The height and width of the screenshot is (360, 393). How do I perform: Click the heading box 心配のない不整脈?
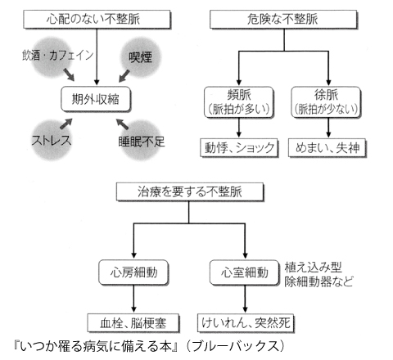tap(97, 20)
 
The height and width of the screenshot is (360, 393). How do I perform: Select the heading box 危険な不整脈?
tap(283, 20)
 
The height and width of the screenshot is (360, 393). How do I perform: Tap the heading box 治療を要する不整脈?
tap(190, 192)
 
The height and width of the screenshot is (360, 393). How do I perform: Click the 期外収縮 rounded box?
tap(96, 99)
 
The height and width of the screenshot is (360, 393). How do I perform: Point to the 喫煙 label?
tap(140, 57)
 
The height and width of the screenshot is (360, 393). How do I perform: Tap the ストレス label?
tap(52, 140)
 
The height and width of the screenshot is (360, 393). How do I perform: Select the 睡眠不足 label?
tap(142, 142)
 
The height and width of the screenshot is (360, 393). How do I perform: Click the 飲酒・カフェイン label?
tap(58, 56)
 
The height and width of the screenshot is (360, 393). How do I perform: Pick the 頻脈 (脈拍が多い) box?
tap(239, 102)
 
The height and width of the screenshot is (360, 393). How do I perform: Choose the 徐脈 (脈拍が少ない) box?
tap(326, 102)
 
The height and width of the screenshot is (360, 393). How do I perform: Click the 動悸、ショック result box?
tap(239, 148)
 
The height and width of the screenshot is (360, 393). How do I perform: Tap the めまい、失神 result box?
tap(327, 148)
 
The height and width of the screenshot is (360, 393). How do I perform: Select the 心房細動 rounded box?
tap(133, 272)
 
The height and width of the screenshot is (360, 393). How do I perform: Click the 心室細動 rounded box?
tap(244, 272)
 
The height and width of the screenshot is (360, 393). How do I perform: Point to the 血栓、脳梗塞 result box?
tap(133, 323)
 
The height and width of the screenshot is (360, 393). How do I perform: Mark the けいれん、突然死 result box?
tap(246, 323)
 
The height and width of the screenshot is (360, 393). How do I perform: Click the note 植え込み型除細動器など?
tap(318, 274)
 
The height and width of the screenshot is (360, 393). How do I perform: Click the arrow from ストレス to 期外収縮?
tap(65, 124)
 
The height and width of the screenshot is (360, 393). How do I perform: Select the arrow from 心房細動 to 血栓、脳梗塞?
tap(133, 299)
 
